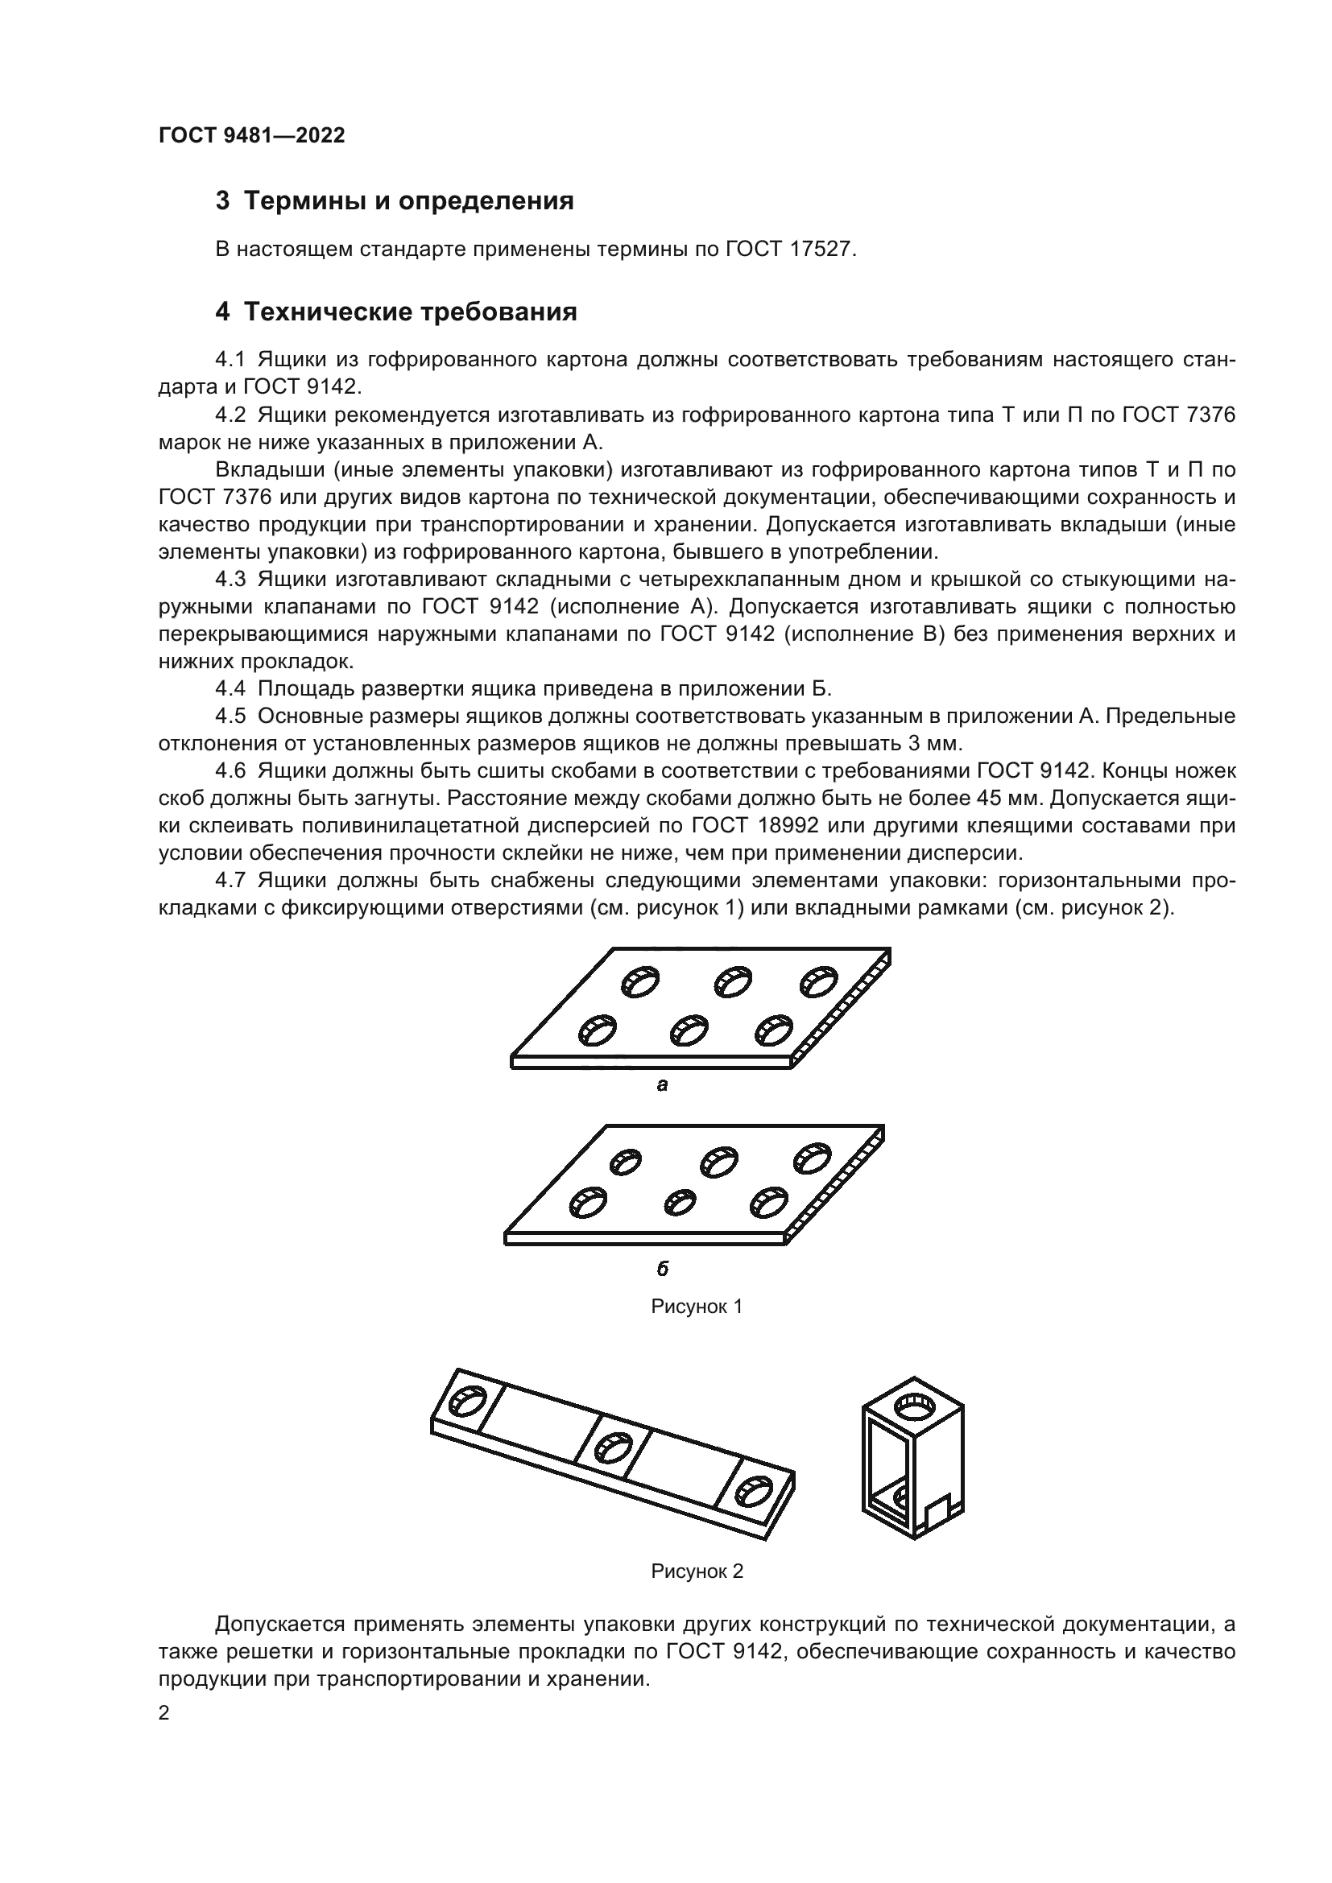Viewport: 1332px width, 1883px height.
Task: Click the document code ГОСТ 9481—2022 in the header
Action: [x=251, y=136]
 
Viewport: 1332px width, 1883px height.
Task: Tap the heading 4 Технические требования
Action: [x=395, y=312]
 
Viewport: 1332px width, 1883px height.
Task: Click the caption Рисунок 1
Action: [x=697, y=1307]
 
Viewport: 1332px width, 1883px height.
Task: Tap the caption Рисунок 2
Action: [x=697, y=1571]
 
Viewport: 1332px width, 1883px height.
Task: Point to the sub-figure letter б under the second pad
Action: [x=662, y=1270]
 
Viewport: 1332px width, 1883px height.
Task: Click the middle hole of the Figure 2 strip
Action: [x=612, y=1447]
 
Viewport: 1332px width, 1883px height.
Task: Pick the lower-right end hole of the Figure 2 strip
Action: [x=754, y=1492]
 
